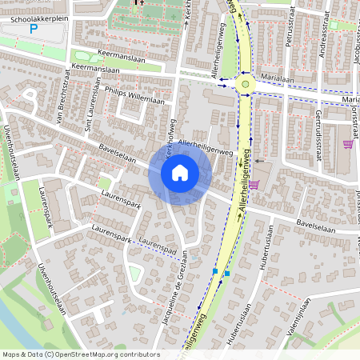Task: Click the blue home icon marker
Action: click(180, 173)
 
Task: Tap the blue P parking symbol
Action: click(34, 29)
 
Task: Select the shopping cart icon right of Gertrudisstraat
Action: click(347, 144)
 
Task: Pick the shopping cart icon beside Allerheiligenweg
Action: click(254, 184)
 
